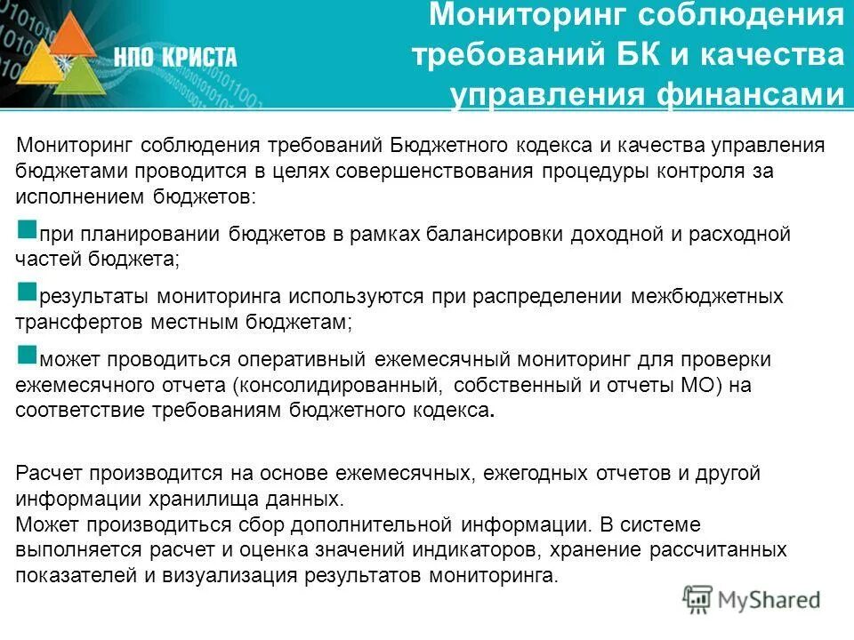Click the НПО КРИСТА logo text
pos(175,58)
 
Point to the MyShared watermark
pos(753,598)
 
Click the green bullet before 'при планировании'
pos(27,229)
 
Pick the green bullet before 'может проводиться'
pos(27,354)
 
